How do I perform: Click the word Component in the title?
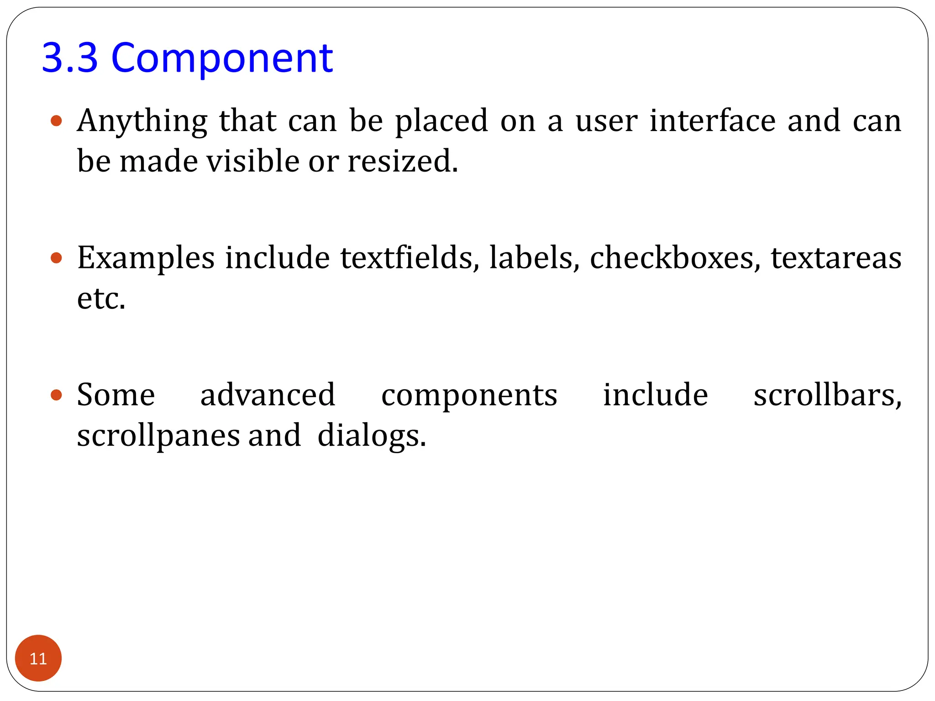(222, 58)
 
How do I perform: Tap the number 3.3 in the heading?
(70, 58)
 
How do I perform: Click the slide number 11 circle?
(38, 658)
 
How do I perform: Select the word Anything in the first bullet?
(142, 121)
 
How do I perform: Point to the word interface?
(712, 120)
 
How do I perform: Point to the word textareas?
(836, 258)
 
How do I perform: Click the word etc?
(101, 298)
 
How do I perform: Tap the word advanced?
(268, 395)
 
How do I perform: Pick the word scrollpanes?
(158, 436)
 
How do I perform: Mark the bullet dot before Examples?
(56, 258)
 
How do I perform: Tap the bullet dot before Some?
(56, 395)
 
